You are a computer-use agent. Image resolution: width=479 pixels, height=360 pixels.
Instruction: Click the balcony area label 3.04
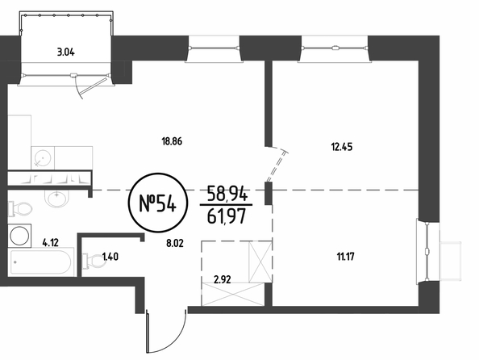coord(65,52)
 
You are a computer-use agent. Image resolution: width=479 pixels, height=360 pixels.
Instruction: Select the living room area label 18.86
coord(172,141)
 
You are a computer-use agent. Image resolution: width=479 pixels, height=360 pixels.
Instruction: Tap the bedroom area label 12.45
coord(342,147)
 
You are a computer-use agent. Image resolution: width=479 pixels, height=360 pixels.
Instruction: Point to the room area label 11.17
coord(345,257)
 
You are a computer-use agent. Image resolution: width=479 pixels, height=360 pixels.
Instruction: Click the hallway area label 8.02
coord(175,244)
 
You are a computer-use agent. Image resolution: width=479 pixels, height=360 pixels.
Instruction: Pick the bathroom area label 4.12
coord(51,243)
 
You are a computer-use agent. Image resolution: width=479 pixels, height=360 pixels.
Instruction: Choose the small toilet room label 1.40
coord(110,257)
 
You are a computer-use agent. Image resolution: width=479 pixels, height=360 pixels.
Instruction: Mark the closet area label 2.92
coord(222,279)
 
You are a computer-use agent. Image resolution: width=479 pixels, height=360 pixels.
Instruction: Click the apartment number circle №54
coord(157,203)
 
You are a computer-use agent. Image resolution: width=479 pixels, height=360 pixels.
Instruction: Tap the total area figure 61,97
coord(227,217)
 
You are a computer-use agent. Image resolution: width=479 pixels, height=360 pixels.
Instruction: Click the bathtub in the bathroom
coord(41,262)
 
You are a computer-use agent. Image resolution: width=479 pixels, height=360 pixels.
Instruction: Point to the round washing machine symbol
coord(19,236)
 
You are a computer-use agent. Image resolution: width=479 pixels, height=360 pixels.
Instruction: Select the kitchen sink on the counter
coord(43,158)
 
